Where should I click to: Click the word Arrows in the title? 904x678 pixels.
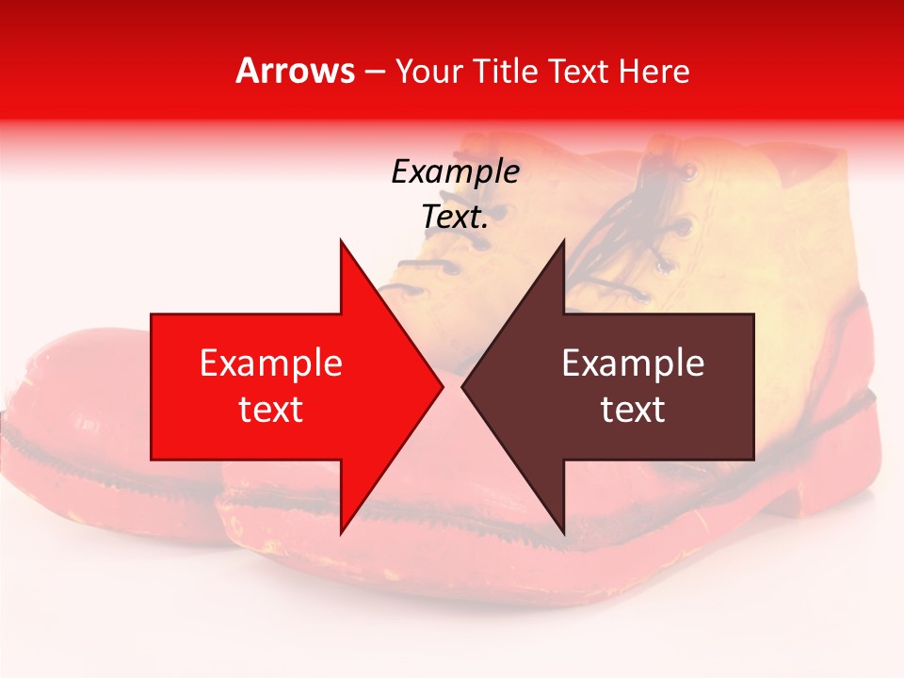click(295, 71)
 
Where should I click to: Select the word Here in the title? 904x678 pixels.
click(654, 71)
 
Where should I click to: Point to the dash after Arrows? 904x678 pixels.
click(374, 72)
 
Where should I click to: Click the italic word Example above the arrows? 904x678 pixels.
click(455, 172)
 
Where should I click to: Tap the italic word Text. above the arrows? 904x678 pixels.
click(455, 218)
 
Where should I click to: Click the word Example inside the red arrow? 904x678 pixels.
click(271, 363)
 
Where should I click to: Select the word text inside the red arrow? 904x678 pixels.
click(271, 410)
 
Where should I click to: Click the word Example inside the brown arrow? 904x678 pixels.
click(633, 363)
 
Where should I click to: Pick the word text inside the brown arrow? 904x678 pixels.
click(633, 410)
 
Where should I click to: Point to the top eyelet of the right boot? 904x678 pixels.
click(688, 172)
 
